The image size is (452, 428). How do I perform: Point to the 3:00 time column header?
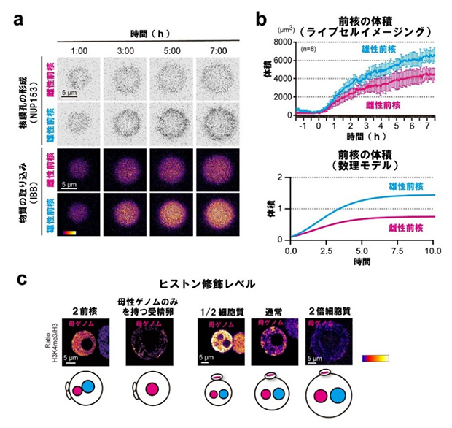pos(125,50)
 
